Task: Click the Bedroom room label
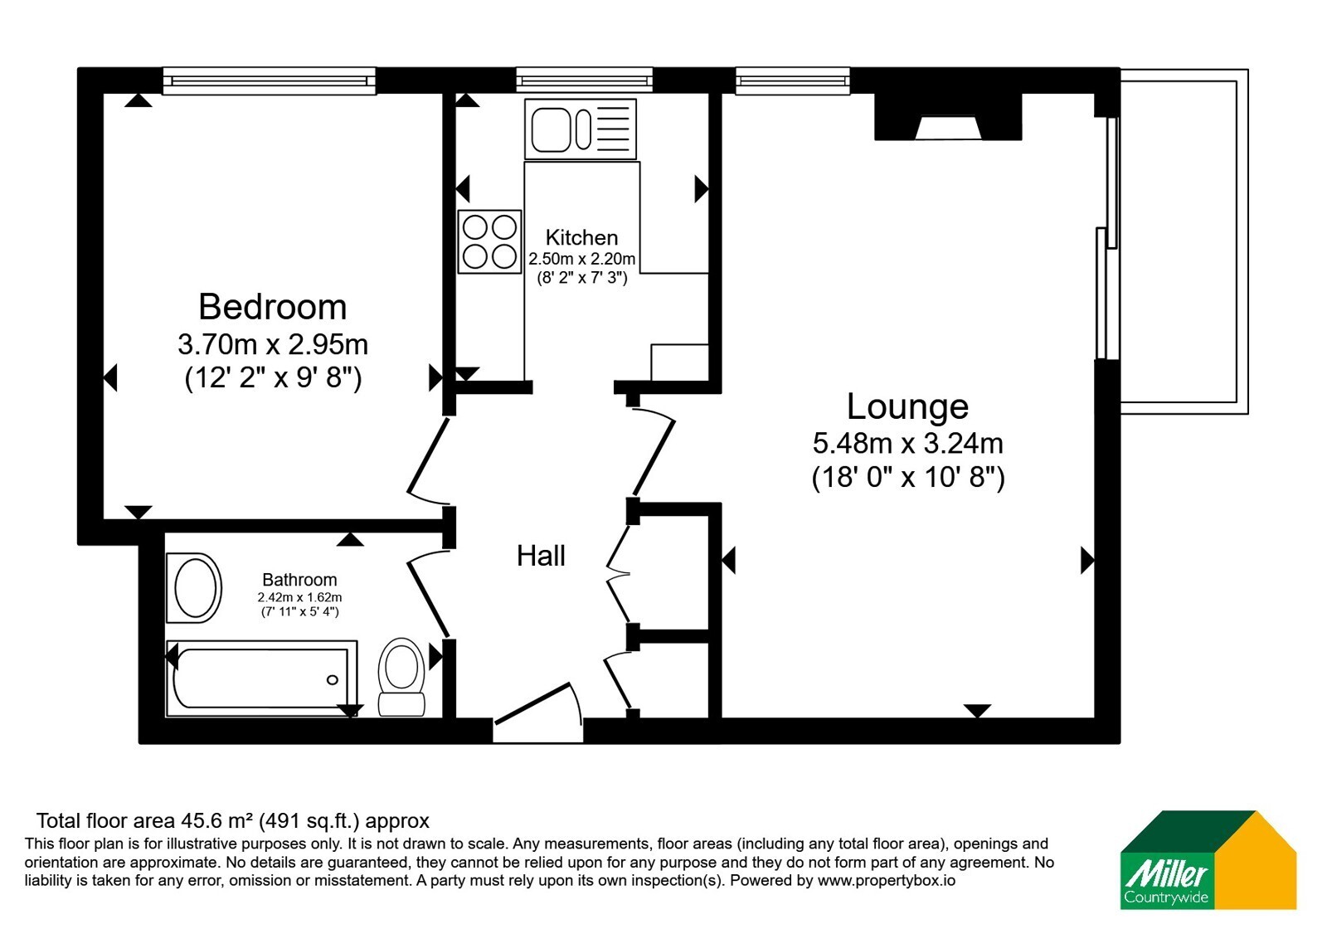(273, 307)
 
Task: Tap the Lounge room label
(907, 406)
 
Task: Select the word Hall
(541, 556)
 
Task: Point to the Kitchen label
(581, 237)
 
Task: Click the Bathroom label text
(299, 580)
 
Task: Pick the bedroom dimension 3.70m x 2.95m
(273, 344)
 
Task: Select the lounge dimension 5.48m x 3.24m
(907, 443)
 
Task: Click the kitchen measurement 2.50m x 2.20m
(581, 259)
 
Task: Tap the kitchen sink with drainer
(581, 129)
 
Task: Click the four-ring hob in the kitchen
(490, 241)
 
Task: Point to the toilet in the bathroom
(401, 677)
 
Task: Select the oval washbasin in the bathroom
(194, 588)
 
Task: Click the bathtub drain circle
(333, 679)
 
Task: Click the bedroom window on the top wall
(270, 80)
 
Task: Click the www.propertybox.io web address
(887, 880)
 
